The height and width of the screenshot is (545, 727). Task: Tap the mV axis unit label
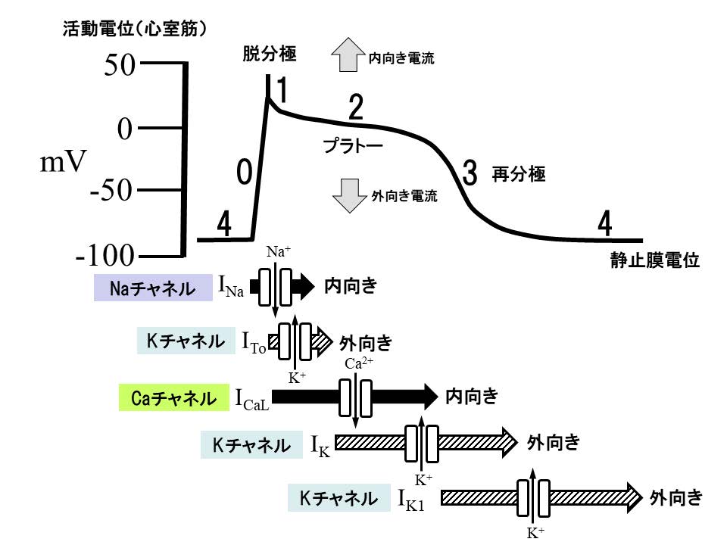click(64, 161)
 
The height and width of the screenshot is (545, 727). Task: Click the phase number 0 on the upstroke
click(244, 173)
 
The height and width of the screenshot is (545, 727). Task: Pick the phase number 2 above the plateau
click(355, 109)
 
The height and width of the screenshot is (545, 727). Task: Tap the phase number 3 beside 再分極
click(470, 174)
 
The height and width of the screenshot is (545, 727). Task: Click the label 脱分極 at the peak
click(270, 54)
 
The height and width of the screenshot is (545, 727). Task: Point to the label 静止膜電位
click(654, 260)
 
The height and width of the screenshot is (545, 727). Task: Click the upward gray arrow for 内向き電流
click(348, 57)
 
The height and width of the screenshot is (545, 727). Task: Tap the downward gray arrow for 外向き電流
click(348, 195)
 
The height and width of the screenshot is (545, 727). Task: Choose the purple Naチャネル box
click(153, 288)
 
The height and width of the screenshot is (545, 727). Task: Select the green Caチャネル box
click(174, 398)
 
